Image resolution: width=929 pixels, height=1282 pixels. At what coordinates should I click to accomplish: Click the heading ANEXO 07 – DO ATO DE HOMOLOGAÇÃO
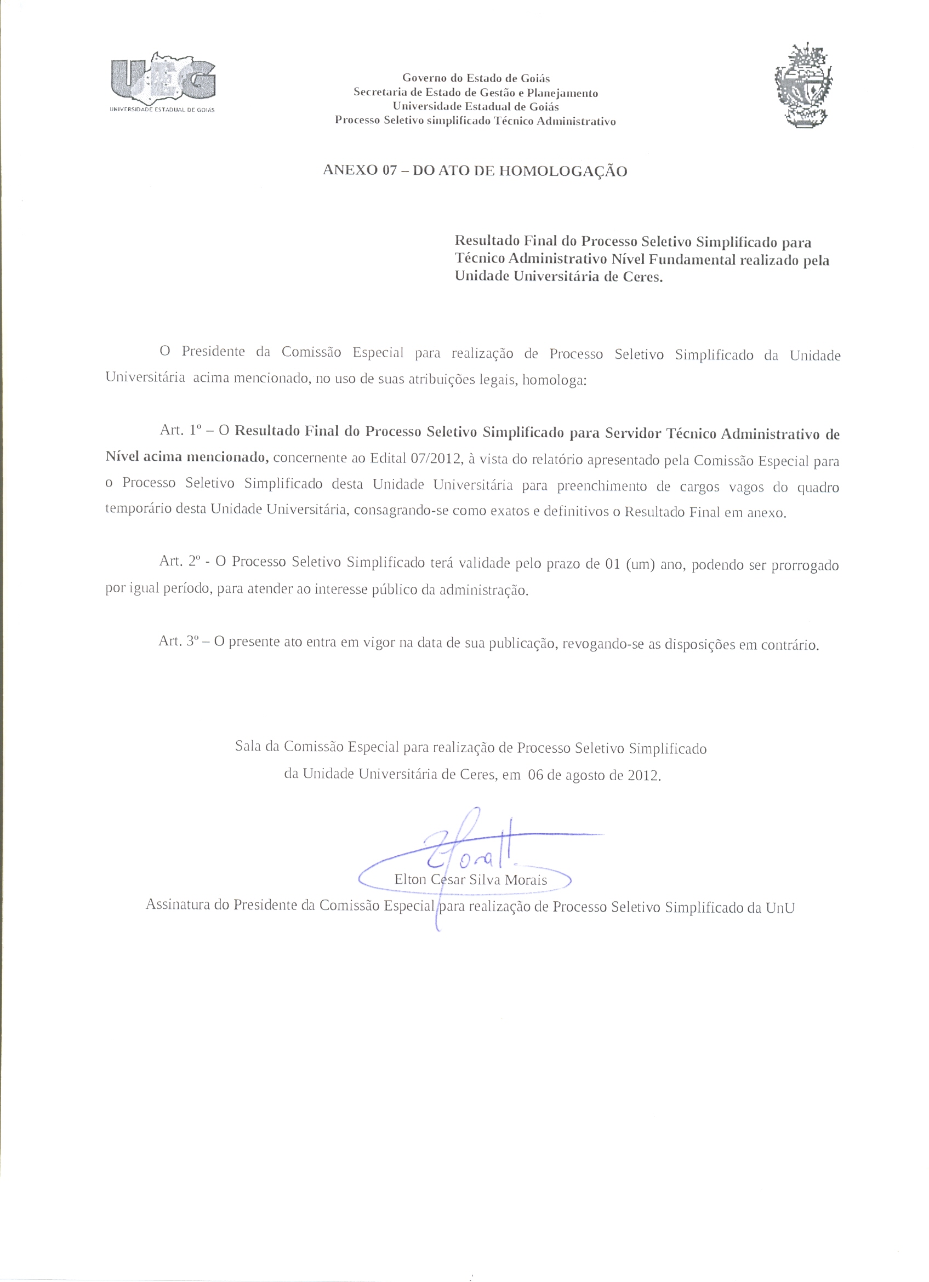point(475,171)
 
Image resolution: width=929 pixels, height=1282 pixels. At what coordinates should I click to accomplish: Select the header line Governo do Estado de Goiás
point(476,78)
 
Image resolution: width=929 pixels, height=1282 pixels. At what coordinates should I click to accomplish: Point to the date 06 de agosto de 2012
point(593,775)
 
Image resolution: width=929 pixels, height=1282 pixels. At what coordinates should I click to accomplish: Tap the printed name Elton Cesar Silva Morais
point(470,880)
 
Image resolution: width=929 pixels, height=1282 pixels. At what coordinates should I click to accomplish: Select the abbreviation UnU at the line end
point(780,908)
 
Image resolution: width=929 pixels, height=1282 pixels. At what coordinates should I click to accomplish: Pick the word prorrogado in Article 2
point(805,566)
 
